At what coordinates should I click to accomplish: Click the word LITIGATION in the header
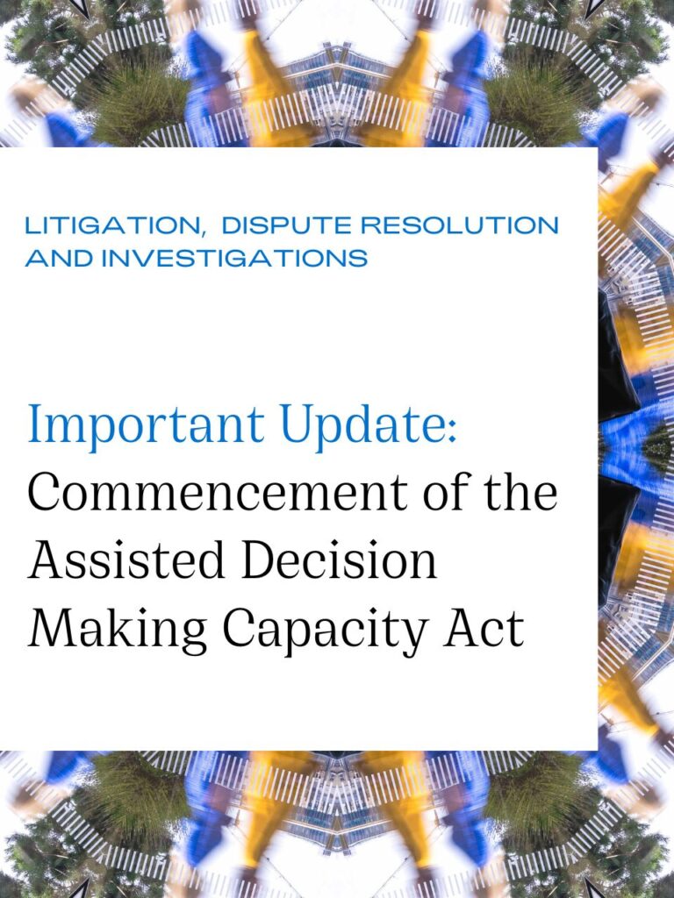click(x=111, y=225)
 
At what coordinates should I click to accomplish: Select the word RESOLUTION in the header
click(x=459, y=225)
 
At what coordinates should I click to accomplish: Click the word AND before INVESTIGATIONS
click(x=59, y=257)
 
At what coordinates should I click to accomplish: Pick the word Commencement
click(x=218, y=493)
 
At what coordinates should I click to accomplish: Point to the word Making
click(x=117, y=629)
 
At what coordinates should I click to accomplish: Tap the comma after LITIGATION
click(x=203, y=232)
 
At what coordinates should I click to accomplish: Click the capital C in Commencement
click(x=45, y=493)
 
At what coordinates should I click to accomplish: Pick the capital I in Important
click(x=38, y=424)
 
